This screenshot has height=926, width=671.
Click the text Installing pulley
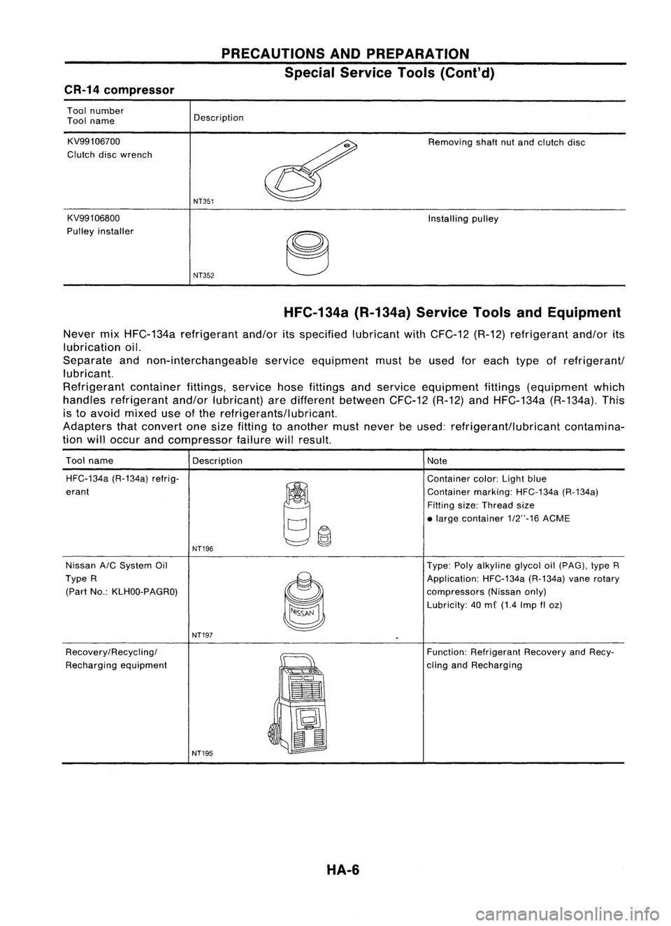[463, 219]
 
